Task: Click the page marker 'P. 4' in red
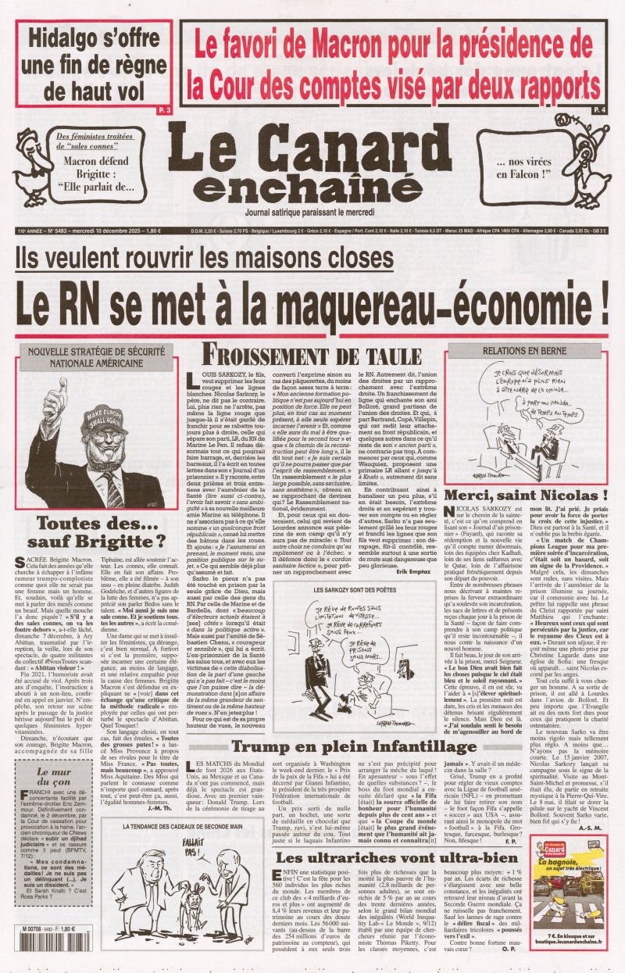599,111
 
